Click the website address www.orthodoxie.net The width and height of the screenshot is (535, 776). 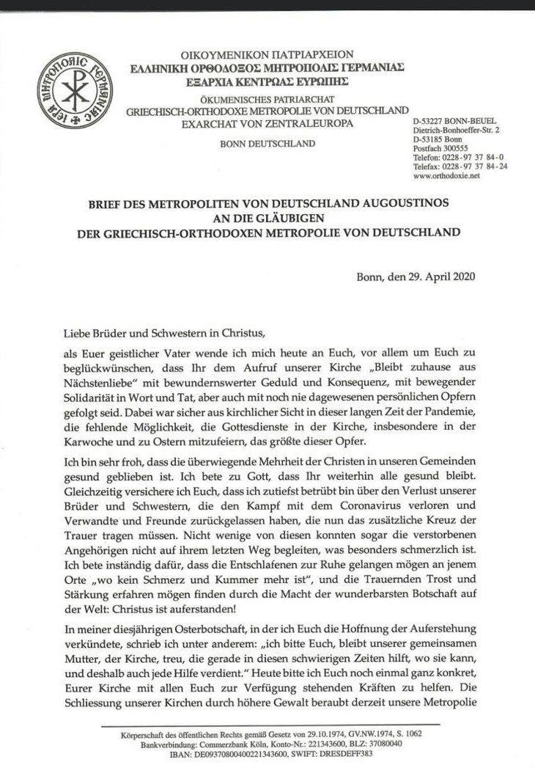click(446, 176)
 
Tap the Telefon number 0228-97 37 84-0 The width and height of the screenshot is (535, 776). click(477, 157)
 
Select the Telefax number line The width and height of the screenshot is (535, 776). click(460, 166)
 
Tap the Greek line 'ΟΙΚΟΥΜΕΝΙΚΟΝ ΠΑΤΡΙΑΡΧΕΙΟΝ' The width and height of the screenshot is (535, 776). click(267, 54)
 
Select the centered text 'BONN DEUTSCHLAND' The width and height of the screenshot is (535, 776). click(267, 143)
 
